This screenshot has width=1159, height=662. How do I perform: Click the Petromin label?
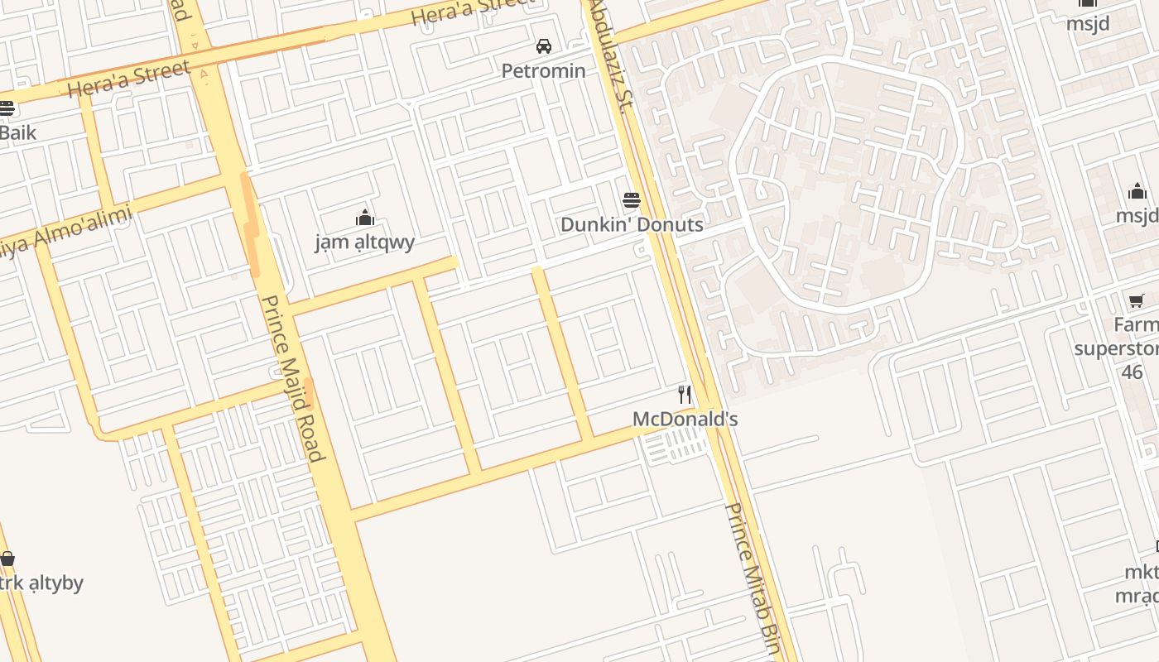(543, 71)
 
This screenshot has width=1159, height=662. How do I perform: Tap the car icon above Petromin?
(544, 46)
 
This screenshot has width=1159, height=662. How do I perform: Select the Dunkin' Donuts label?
(632, 224)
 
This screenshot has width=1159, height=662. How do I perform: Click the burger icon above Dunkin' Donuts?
(632, 199)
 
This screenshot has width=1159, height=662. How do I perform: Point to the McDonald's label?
(685, 419)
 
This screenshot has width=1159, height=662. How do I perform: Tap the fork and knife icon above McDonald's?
(685, 395)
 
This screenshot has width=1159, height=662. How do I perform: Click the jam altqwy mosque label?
(365, 242)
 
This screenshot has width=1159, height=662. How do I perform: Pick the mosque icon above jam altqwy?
(365, 218)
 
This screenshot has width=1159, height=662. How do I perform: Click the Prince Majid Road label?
(291, 377)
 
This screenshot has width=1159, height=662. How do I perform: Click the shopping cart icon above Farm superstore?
(1137, 301)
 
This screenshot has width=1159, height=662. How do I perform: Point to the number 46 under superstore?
(1132, 372)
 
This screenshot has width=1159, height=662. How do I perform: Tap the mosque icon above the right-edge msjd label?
(1137, 193)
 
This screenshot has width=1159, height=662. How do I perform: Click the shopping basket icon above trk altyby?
(7, 559)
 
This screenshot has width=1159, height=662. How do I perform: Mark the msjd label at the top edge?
(1087, 23)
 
